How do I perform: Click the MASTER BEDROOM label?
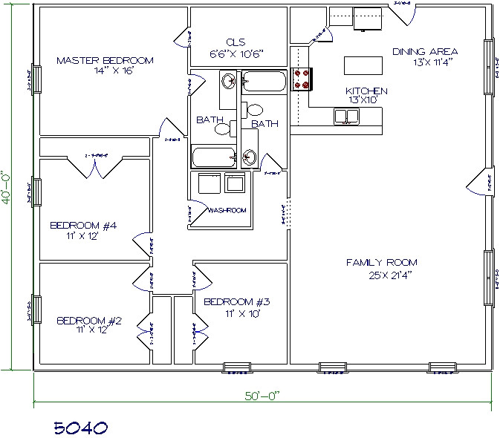(104, 60)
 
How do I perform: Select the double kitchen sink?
(345, 116)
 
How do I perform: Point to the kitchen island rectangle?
(363, 66)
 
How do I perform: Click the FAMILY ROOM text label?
(381, 262)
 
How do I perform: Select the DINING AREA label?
(425, 52)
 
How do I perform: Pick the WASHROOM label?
(227, 211)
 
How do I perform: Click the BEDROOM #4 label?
(83, 225)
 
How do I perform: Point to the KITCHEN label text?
(366, 91)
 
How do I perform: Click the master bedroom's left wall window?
(31, 79)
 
